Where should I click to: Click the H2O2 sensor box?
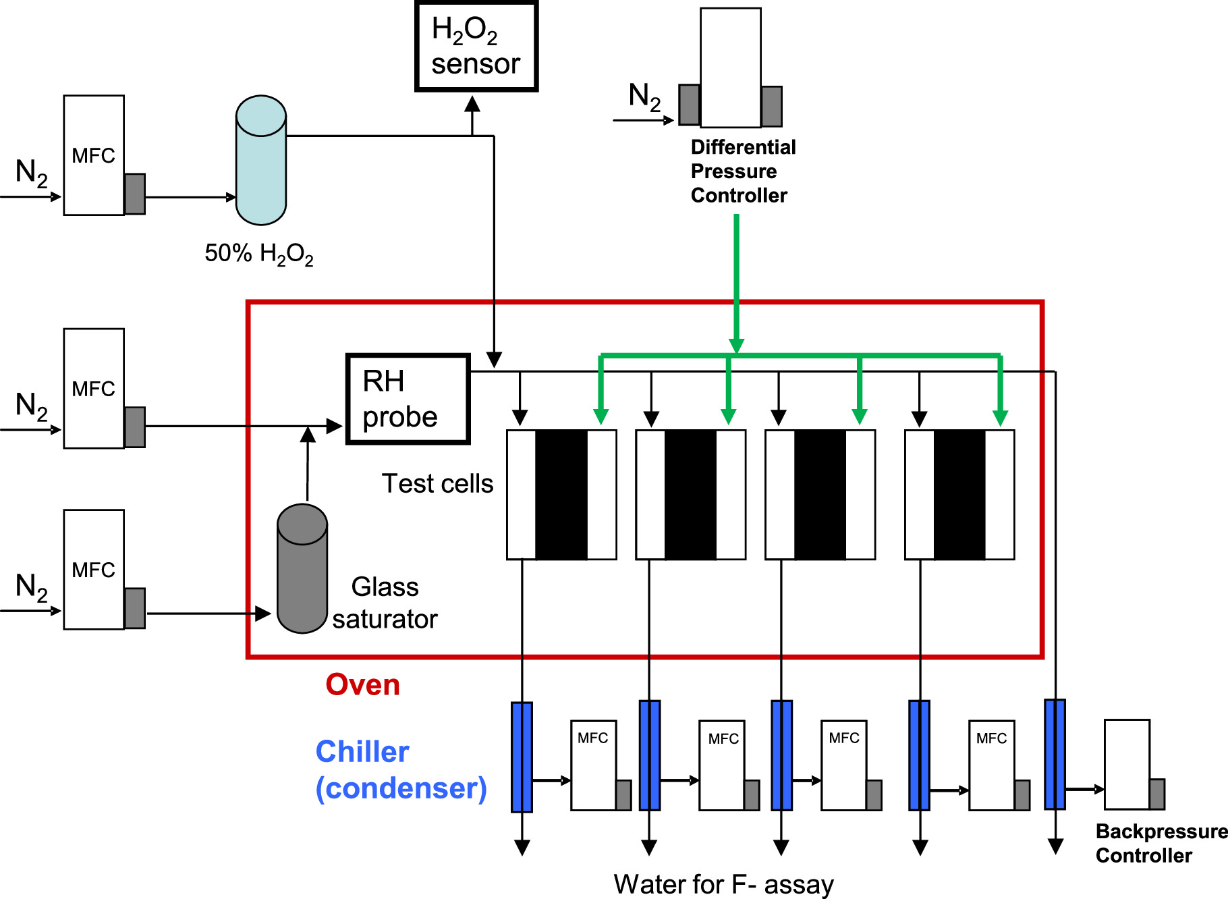[x=476, y=47]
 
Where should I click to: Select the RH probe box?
[x=408, y=399]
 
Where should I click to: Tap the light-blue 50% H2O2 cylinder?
[x=261, y=161]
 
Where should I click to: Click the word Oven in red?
[x=362, y=685]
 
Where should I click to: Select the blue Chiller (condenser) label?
[x=400, y=770]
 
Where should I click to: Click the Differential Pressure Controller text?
[x=742, y=171]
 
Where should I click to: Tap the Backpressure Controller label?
[x=1159, y=844]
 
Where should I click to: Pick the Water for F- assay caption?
[x=723, y=884]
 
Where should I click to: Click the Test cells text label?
[x=437, y=484]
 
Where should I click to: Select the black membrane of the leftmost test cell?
[x=561, y=495]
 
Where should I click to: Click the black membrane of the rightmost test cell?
[x=959, y=495]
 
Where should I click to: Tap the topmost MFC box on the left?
[x=94, y=155]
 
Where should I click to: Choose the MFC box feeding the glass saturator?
[x=94, y=570]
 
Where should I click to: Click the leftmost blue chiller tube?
[x=522, y=757]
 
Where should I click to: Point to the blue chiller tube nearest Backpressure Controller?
[x=1055, y=754]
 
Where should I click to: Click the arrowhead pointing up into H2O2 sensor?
[x=472, y=105]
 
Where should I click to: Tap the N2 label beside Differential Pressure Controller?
[x=644, y=97]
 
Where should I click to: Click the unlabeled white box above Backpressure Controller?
[x=1127, y=764]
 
